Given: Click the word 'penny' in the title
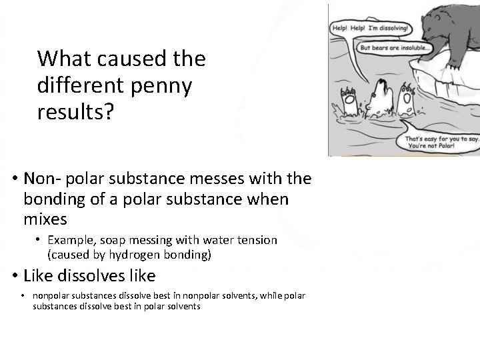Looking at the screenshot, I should tap(163, 87).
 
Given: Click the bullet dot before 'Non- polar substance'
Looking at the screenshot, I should tap(14, 179).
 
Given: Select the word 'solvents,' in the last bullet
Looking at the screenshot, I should tap(231, 295).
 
